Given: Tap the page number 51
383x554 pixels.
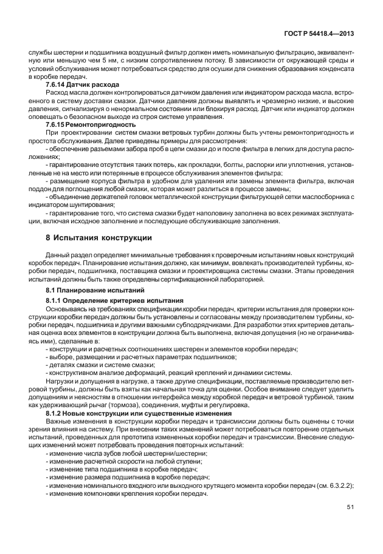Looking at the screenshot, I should click(x=350, y=507).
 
